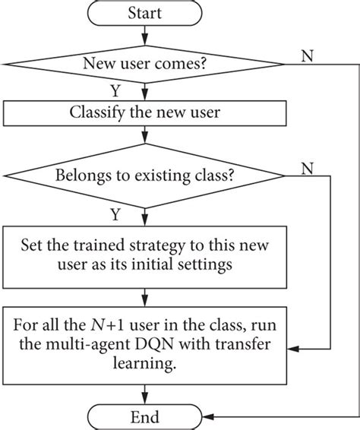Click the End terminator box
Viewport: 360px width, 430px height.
click(x=144, y=417)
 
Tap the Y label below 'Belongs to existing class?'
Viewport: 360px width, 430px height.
click(x=137, y=215)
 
